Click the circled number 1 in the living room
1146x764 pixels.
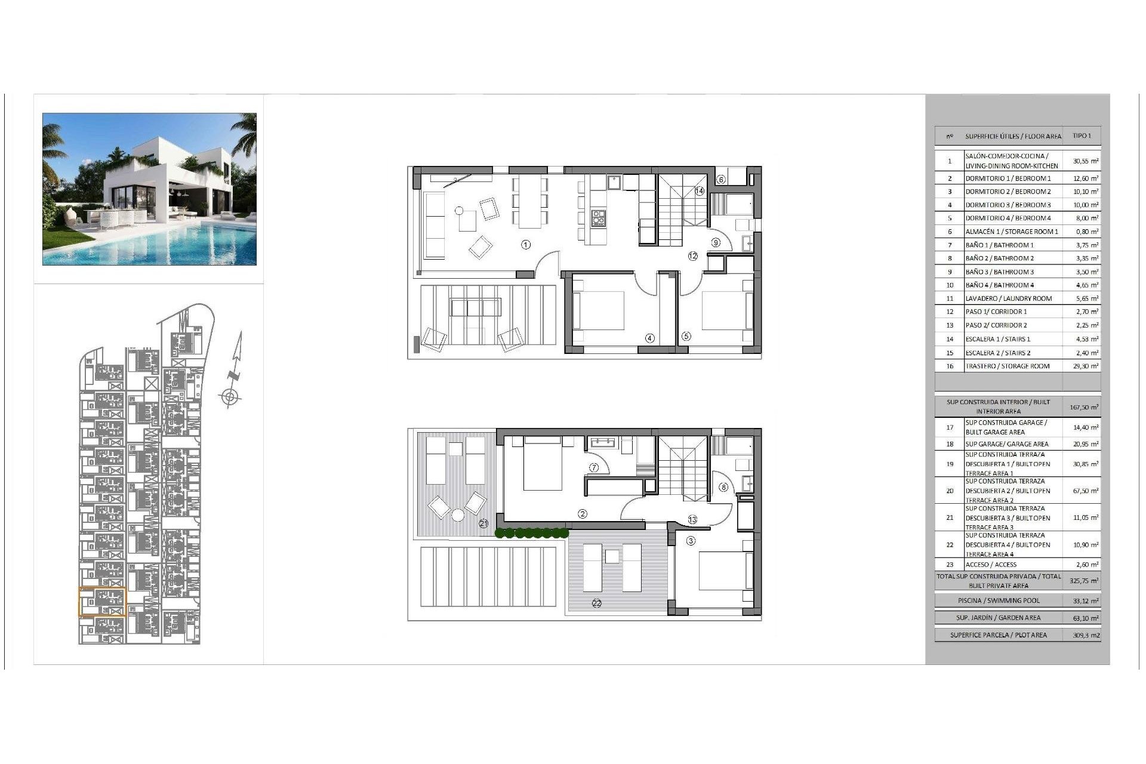point(525,244)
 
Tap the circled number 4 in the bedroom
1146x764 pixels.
point(650,338)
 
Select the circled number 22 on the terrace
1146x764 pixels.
point(596,603)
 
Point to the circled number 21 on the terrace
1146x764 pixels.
point(483,523)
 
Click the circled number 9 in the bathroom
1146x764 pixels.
point(716,242)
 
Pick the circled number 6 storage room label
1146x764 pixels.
point(720,179)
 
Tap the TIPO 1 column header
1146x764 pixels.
point(1082,136)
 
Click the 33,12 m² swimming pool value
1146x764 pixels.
point(1087,601)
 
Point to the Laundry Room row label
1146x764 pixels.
point(1008,298)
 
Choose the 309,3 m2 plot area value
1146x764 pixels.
point(1087,635)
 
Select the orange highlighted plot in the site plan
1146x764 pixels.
point(102,602)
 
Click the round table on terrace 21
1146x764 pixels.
point(458,515)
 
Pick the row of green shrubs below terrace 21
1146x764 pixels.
point(531,532)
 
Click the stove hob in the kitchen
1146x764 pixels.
point(598,218)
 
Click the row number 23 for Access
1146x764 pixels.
point(950,565)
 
